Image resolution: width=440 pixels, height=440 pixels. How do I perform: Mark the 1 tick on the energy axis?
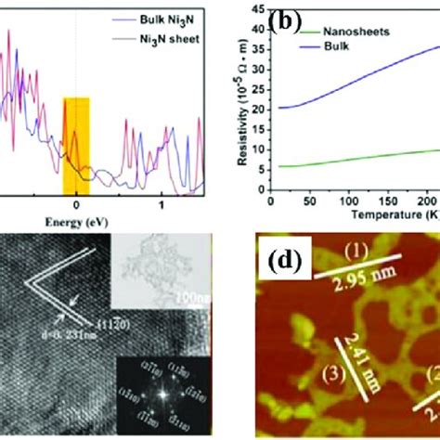[x=162, y=204]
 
